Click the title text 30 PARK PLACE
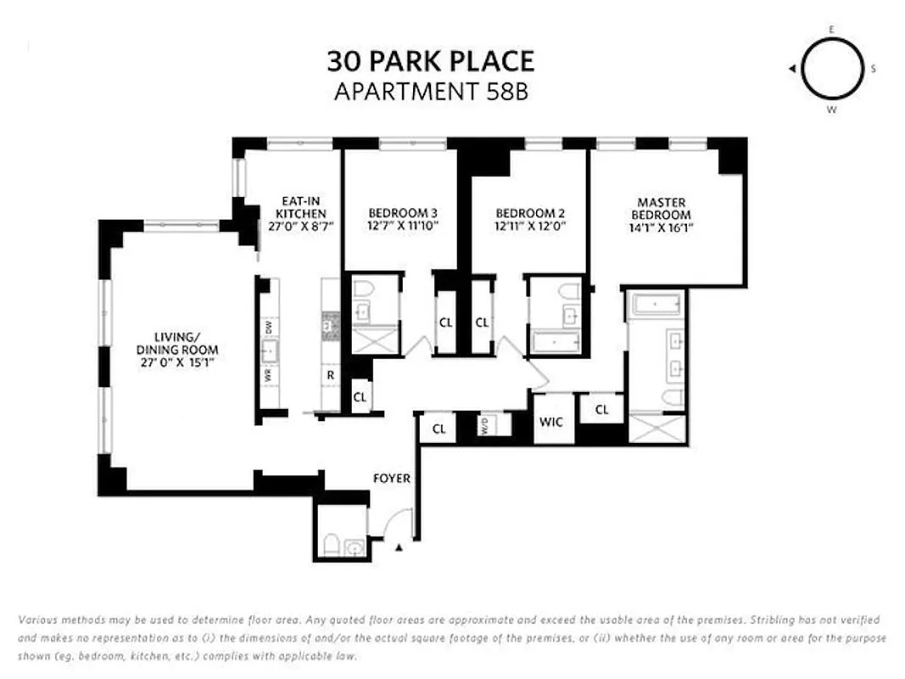click(431, 61)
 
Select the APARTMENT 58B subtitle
click(431, 92)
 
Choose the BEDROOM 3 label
click(402, 213)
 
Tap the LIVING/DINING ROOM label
click(177, 344)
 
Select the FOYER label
click(392, 479)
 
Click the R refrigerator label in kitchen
click(330, 373)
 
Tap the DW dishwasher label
click(268, 326)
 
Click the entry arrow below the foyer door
click(399, 549)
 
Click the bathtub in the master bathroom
click(655, 304)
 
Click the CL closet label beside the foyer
click(439, 429)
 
